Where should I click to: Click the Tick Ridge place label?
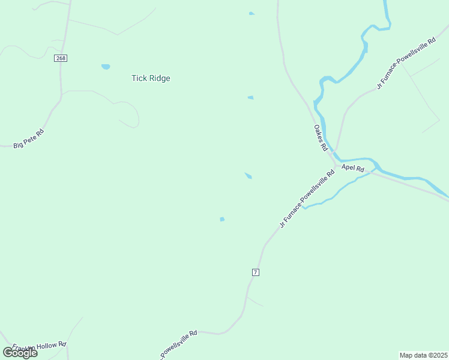(x=151, y=78)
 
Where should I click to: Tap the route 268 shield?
(x=60, y=58)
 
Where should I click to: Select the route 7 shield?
(x=256, y=272)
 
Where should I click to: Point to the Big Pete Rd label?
(x=28, y=139)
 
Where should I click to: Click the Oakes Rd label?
(x=320, y=137)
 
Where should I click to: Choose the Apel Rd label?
(x=353, y=169)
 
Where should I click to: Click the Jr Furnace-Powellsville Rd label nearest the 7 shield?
(x=307, y=199)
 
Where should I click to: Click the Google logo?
(x=20, y=352)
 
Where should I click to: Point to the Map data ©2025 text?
(x=423, y=355)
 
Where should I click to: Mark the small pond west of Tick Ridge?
(x=106, y=67)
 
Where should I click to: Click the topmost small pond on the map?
(x=251, y=13)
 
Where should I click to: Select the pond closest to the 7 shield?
(x=222, y=219)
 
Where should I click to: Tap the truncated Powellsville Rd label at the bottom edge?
(x=178, y=343)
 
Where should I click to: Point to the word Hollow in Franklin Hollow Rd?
(x=44, y=347)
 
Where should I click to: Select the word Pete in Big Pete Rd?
(x=29, y=138)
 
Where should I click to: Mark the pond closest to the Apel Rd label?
(x=248, y=175)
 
